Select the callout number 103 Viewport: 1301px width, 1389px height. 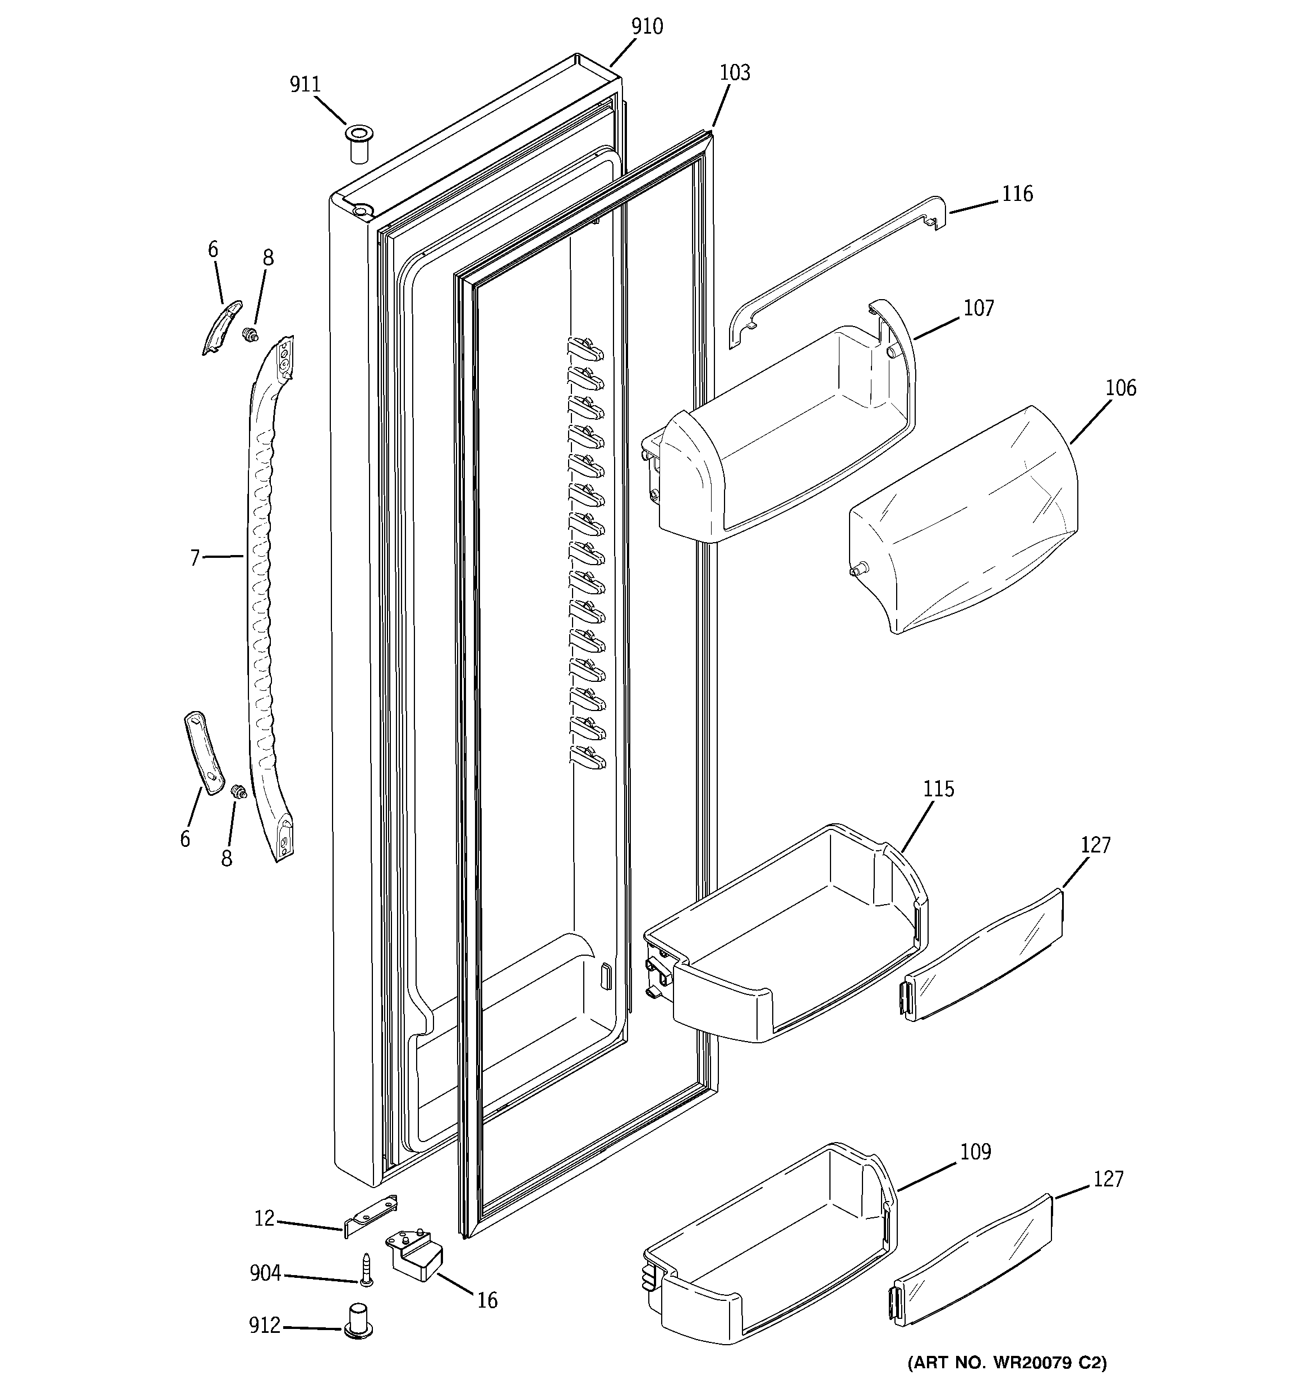(x=735, y=72)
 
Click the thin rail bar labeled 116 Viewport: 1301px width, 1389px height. (x=838, y=269)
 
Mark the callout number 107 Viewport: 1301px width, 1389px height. (x=979, y=308)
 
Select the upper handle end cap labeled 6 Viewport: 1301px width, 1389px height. (x=222, y=327)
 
